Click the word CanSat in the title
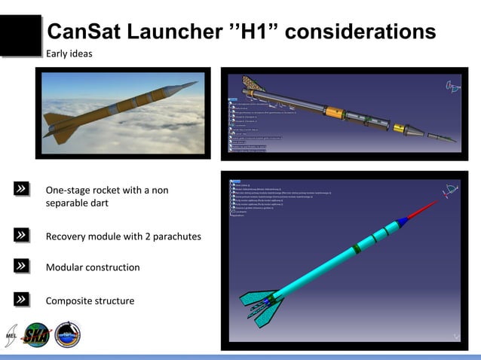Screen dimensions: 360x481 tap(85, 32)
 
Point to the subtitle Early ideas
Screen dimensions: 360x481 tap(69, 53)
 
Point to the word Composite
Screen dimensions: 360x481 tap(69, 301)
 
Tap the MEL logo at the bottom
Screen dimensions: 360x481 tap(11, 334)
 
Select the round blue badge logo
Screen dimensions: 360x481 tap(67, 335)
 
